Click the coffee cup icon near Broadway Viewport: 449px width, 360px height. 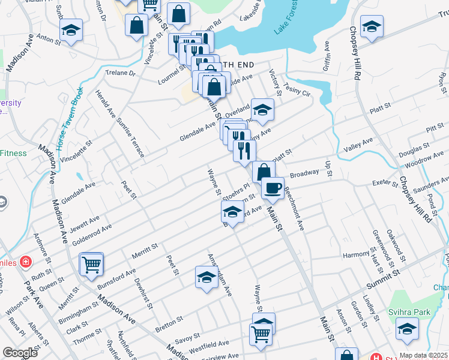pyautogui.click(x=273, y=187)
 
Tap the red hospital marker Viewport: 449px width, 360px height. pyautogui.click(x=25, y=262)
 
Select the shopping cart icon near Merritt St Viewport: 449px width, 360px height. pyautogui.click(x=91, y=263)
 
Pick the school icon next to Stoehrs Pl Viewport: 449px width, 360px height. pyautogui.click(x=232, y=211)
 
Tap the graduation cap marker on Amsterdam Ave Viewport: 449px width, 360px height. pyautogui.click(x=206, y=277)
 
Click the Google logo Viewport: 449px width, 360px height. pyautogui.click(x=20, y=353)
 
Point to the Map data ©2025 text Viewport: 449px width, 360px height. pyautogui.click(x=423, y=355)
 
